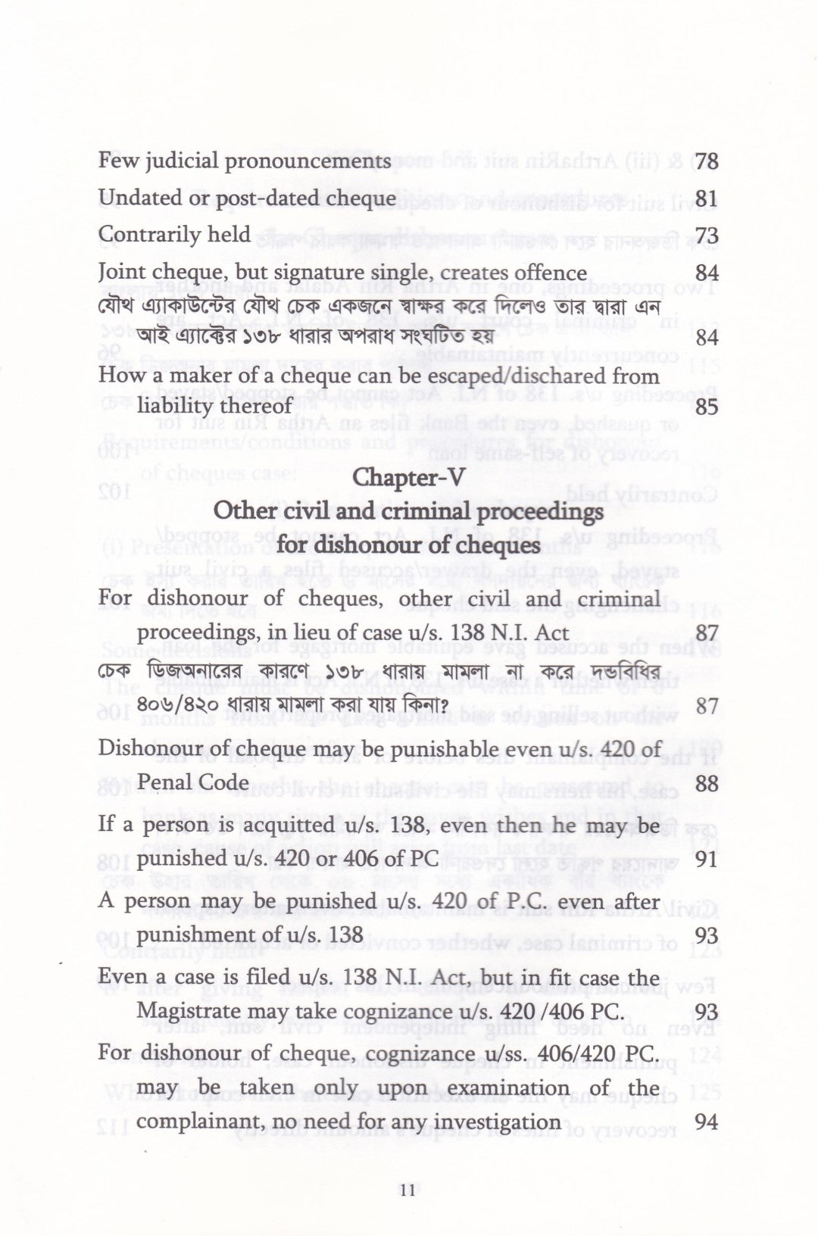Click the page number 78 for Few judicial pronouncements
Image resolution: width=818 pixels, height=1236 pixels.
(706, 161)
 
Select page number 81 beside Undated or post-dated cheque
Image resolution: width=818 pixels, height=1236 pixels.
(706, 199)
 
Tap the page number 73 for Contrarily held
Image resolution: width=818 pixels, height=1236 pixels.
(706, 236)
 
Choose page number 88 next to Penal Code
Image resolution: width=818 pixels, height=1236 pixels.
(706, 783)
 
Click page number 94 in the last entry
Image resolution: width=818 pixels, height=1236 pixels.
(706, 1122)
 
